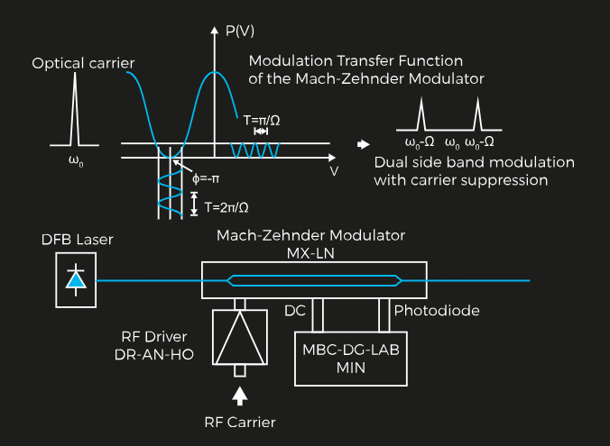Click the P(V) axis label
pyautogui.click(x=239, y=30)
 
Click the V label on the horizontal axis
pyautogui.click(x=334, y=169)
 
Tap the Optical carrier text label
pyautogui.click(x=83, y=63)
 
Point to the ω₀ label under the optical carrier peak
pyautogui.click(x=76, y=163)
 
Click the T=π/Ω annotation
pyautogui.click(x=261, y=118)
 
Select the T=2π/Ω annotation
pyautogui.click(x=226, y=206)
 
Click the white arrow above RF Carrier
pyautogui.click(x=239, y=394)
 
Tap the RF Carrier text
pyautogui.click(x=239, y=422)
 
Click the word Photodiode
pyautogui.click(x=436, y=311)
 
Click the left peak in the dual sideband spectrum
pyautogui.click(x=421, y=116)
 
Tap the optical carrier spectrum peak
pyautogui.click(x=76, y=117)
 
